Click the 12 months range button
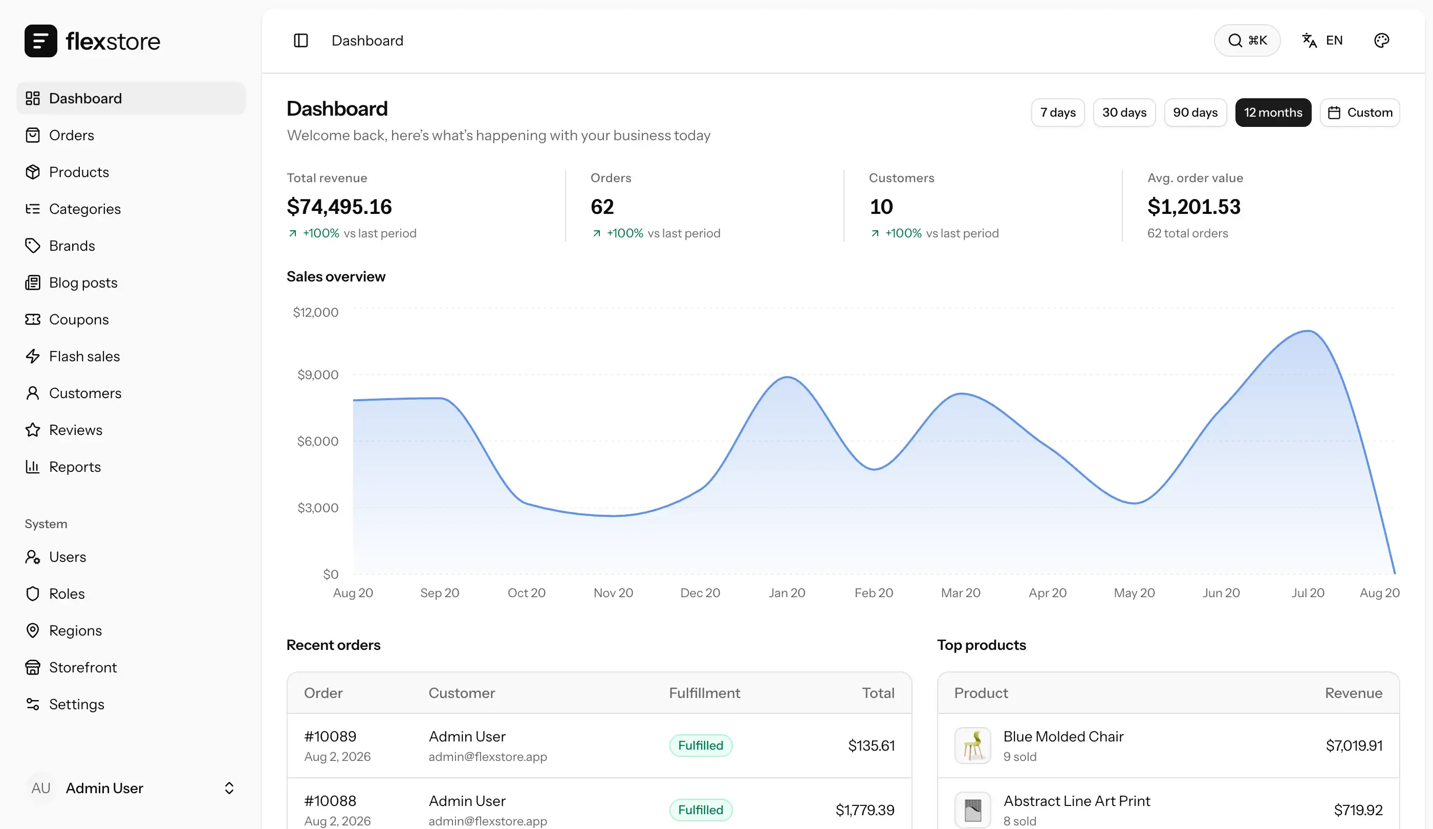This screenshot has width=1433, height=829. (1273, 113)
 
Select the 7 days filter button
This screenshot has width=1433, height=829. (1058, 113)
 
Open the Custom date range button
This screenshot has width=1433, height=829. (1360, 113)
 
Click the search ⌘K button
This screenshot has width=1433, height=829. (1247, 40)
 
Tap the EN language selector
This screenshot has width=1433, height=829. (1322, 40)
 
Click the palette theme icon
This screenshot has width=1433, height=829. (1381, 40)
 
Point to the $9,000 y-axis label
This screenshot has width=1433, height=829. (317, 375)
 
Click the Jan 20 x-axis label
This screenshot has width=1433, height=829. (787, 593)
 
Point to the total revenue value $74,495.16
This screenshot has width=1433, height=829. (339, 206)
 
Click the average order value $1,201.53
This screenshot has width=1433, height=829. (1193, 206)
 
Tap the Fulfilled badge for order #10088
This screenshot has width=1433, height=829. (701, 810)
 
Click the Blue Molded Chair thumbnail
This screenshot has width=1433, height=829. (972, 746)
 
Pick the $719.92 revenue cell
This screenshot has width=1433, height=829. (1358, 810)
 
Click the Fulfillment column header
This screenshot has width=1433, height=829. (704, 693)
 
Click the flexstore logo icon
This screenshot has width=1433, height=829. (41, 41)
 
